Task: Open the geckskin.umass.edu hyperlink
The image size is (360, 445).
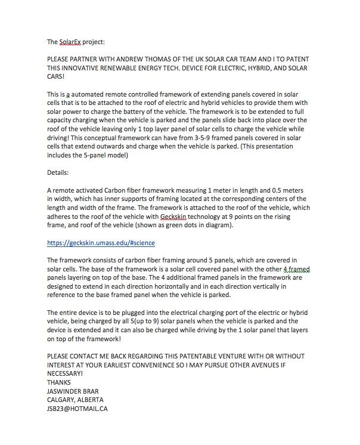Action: coord(101,243)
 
